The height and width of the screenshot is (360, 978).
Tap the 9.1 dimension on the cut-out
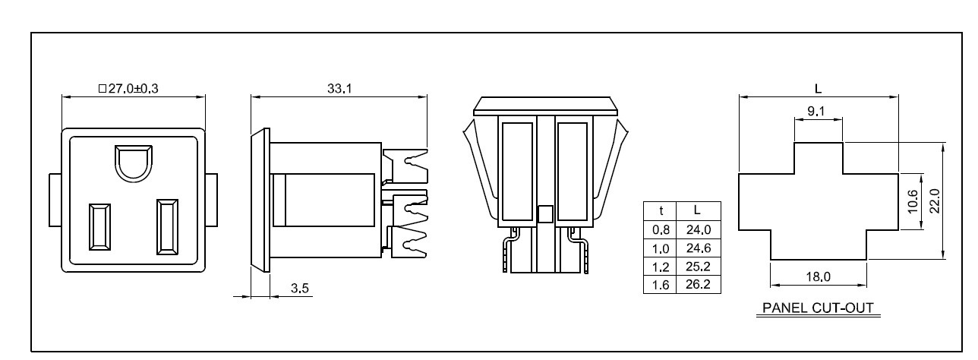tap(817, 111)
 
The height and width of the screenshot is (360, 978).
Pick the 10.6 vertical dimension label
tap(912, 202)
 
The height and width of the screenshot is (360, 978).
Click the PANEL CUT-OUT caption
tap(817, 309)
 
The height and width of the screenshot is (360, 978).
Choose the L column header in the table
tap(696, 210)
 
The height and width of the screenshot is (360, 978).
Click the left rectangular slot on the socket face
tap(98, 226)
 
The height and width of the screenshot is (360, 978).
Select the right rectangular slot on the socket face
tap(167, 226)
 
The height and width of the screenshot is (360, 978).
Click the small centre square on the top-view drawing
tap(544, 214)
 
